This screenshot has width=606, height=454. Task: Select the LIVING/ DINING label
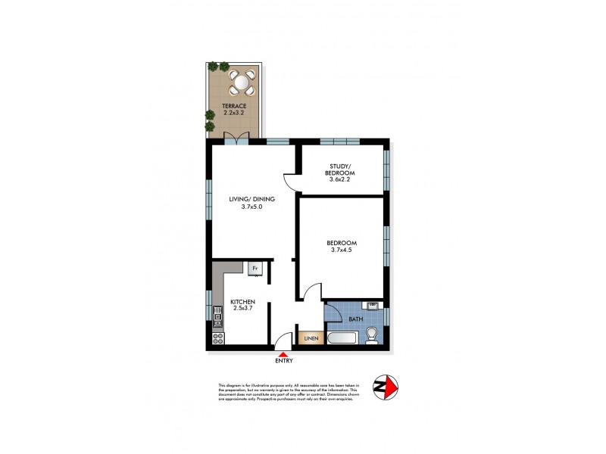(251, 200)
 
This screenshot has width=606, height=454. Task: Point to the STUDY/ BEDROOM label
(342, 170)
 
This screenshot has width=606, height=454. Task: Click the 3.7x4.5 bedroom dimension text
(342, 252)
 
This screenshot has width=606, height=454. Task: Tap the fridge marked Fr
(255, 267)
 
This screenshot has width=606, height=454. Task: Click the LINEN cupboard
(311, 338)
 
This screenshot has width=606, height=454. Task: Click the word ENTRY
(283, 361)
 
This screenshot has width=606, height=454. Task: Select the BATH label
(355, 319)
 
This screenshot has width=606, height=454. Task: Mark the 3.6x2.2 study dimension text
(342, 179)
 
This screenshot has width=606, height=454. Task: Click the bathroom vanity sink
(372, 307)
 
